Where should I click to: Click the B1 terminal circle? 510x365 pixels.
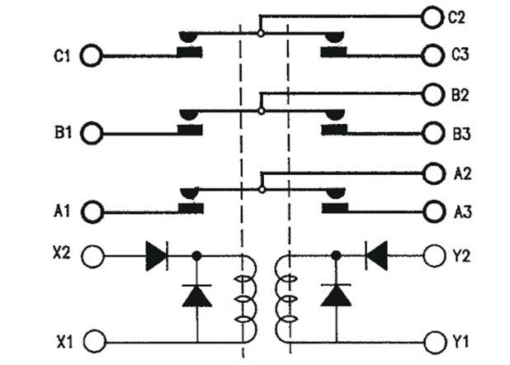[x=92, y=132]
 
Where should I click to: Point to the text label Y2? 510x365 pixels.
[x=461, y=256]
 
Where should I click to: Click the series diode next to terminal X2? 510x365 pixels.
[x=156, y=256]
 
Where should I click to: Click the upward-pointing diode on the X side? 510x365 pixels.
[x=196, y=295]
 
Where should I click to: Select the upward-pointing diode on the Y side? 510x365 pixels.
[x=335, y=295]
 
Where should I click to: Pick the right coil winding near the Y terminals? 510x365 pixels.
[x=286, y=299]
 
